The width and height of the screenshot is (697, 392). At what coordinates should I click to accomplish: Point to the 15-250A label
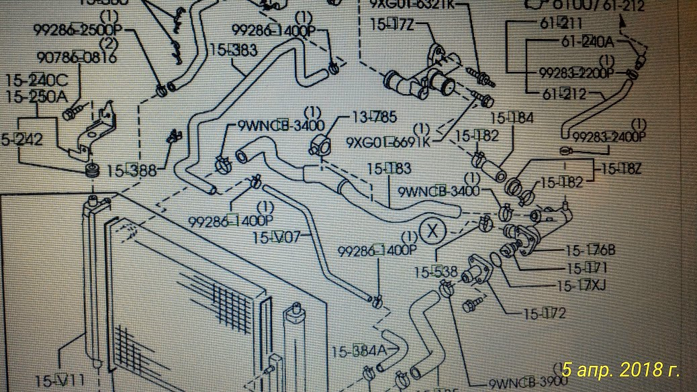click(x=36, y=97)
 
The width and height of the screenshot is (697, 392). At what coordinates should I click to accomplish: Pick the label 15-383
click(x=234, y=50)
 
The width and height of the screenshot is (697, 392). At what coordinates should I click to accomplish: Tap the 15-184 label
click(x=512, y=119)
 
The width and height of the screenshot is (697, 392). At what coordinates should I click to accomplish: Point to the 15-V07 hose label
click(x=281, y=237)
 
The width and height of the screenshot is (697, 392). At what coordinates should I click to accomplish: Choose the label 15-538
click(x=435, y=273)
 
